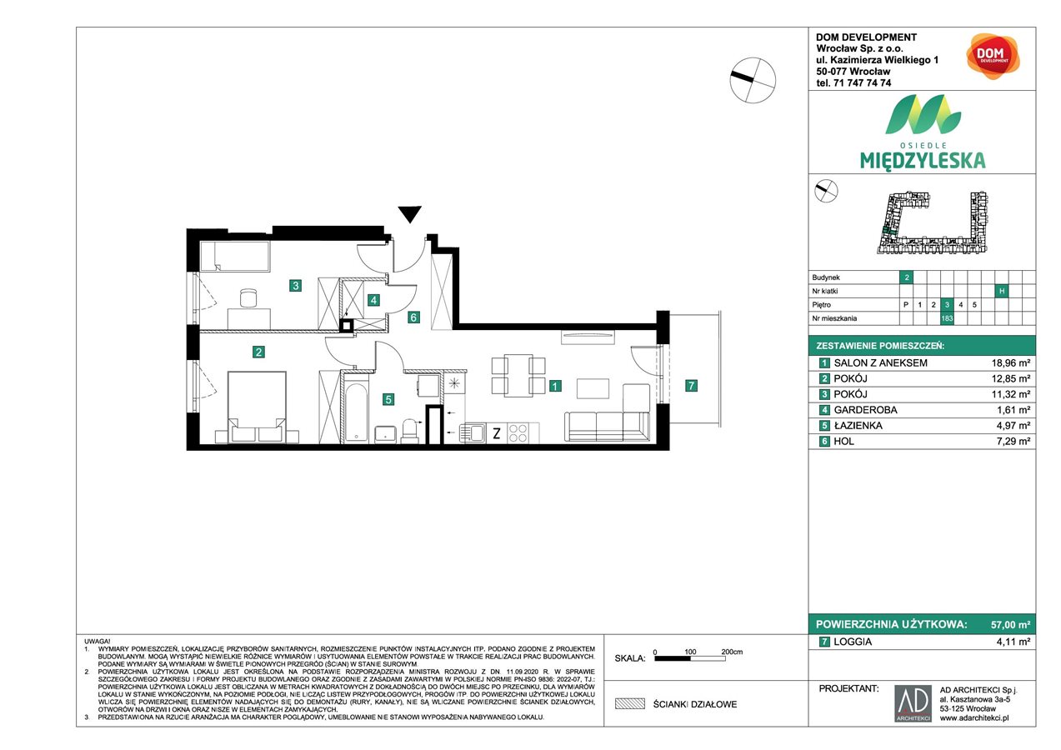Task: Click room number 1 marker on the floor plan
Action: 554,386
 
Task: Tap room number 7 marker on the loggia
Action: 690,385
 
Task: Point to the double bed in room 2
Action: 257,407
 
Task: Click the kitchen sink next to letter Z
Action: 477,432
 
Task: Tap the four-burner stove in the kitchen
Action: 517,432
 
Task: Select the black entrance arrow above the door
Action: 408,214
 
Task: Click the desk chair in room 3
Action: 248,297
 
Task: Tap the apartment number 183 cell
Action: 947,317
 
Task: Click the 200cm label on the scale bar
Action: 731,651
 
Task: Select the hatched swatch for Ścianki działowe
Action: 630,704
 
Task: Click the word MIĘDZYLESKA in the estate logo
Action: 922,159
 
